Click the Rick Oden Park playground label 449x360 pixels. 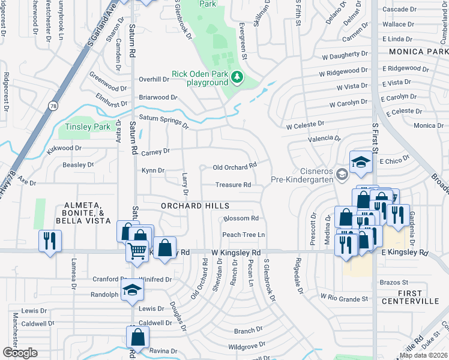tap(199, 78)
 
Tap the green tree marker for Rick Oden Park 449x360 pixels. tap(238, 77)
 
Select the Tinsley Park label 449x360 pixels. tap(84, 127)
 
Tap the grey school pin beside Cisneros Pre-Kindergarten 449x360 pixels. tap(342, 175)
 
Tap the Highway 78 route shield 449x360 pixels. tap(53, 104)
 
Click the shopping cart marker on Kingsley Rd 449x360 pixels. tap(137, 251)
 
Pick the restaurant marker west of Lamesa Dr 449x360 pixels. tap(49, 241)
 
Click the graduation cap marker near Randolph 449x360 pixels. tap(133, 291)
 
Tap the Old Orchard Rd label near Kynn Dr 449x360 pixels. tap(235, 164)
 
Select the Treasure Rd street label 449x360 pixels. tap(233, 185)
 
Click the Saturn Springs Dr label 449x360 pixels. tap(163, 122)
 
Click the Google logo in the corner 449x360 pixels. tap(20, 353)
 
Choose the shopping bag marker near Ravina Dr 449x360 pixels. tap(137, 338)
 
